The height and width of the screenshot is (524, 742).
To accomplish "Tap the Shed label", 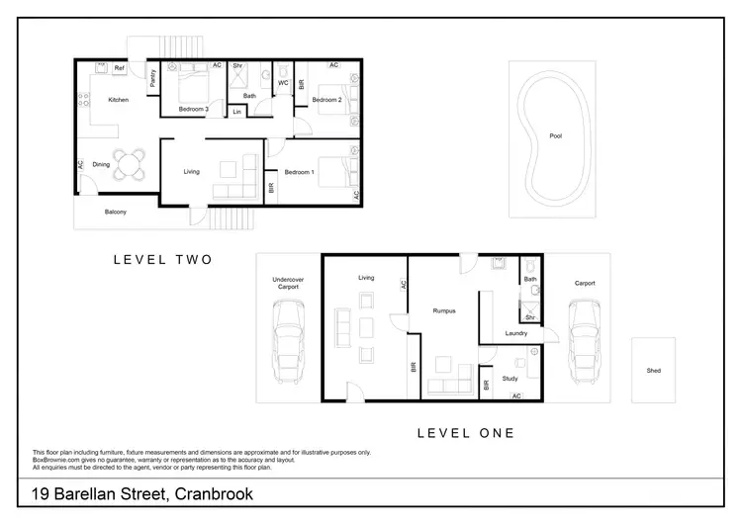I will tap(653, 371).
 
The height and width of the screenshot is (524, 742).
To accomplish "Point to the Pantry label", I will tap(153, 79).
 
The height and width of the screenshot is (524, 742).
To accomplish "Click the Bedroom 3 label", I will tap(193, 108).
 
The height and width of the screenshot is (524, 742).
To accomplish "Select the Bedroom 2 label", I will tap(326, 100).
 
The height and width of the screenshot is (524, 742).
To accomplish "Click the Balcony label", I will tap(116, 212).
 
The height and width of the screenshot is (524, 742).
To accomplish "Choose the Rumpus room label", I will tap(444, 311).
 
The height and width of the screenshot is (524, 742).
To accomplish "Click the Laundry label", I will tap(515, 333).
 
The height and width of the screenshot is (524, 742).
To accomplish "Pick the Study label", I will tap(510, 378).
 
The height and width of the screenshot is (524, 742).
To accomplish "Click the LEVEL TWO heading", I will tap(163, 260).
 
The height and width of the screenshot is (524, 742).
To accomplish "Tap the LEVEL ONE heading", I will tap(465, 432).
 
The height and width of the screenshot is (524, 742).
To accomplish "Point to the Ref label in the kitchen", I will tap(119, 68).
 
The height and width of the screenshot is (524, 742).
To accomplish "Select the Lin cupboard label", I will tap(237, 112).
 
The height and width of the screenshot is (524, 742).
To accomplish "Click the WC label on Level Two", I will tap(283, 82).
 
